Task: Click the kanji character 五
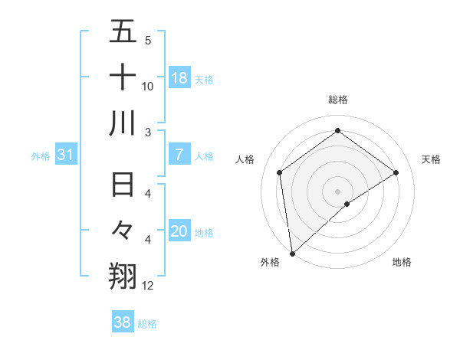(123, 32)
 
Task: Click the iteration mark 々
(123, 230)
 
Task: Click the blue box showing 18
(179, 78)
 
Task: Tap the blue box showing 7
(179, 155)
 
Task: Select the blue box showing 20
(179, 231)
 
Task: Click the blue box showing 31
(66, 155)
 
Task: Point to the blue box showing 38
(122, 322)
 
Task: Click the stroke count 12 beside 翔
(148, 286)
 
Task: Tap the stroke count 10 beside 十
(148, 87)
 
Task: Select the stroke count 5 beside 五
(148, 41)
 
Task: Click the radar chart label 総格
(338, 100)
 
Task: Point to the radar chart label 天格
(432, 159)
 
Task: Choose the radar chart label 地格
(402, 263)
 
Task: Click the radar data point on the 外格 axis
(292, 253)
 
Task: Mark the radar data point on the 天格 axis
(396, 172)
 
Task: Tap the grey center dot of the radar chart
(338, 190)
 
